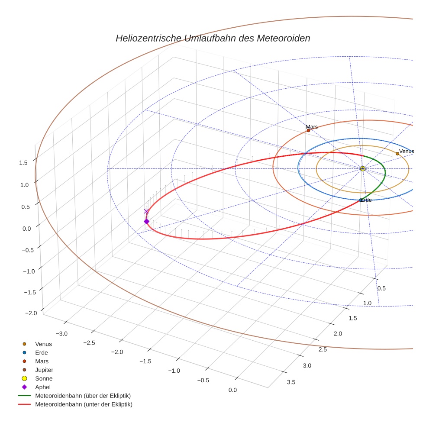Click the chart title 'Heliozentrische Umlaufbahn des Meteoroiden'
[213, 38]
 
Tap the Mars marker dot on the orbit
[308, 130]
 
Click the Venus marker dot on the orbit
[397, 154]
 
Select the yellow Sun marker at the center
[363, 168]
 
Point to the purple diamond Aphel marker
[146, 222]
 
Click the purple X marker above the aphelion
[146, 211]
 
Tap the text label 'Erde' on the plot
[366, 200]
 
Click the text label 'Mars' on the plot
[312, 127]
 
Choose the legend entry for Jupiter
[44, 370]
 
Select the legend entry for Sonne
[44, 378]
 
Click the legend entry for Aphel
[43, 387]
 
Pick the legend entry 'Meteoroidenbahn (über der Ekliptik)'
[83, 396]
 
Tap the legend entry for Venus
[43, 344]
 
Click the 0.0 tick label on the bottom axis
[232, 390]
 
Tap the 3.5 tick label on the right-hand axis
[291, 382]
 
